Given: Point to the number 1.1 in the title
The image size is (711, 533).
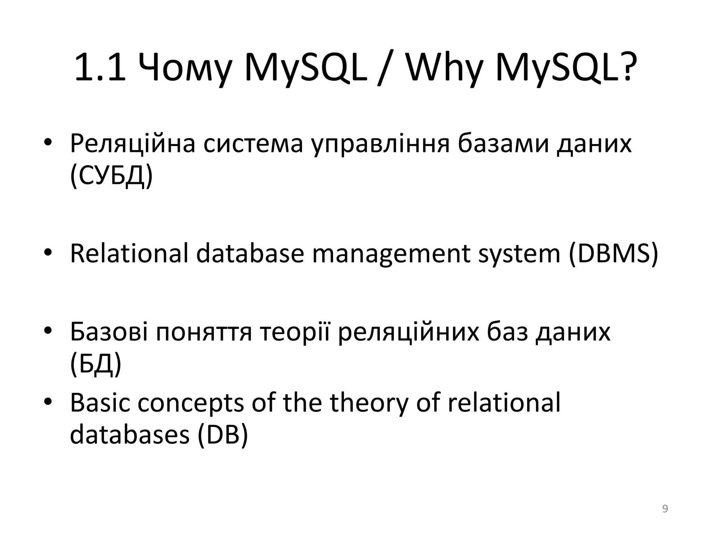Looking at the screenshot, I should (100, 68).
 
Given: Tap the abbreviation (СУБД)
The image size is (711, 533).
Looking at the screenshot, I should (111, 177).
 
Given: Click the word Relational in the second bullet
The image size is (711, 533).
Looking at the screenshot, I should (129, 254).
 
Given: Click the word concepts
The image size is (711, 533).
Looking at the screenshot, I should (191, 403).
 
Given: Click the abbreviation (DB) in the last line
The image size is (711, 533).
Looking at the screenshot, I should (223, 435).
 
